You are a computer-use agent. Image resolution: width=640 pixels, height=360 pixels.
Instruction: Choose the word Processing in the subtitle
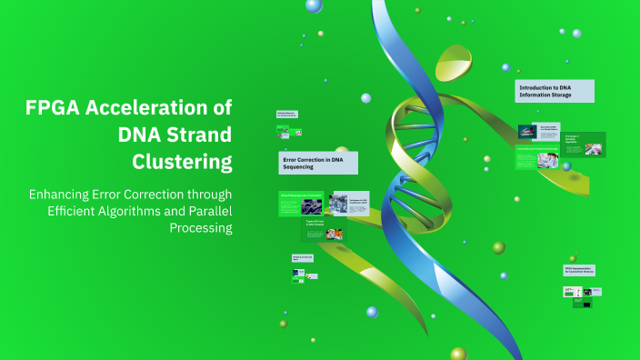pyautogui.click(x=201, y=227)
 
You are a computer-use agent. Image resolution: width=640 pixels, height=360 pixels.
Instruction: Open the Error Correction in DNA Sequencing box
pyautogui.click(x=317, y=163)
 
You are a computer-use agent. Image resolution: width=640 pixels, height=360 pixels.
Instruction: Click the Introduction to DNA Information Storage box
pyautogui.click(x=554, y=90)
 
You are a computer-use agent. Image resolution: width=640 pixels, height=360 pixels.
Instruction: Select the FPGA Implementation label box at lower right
pyautogui.click(x=578, y=271)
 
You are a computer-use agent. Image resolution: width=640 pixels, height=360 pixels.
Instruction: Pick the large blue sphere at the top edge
pyautogui.click(x=314, y=5)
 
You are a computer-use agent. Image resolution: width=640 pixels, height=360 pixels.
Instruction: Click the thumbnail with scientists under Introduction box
pyautogui.click(x=547, y=160)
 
